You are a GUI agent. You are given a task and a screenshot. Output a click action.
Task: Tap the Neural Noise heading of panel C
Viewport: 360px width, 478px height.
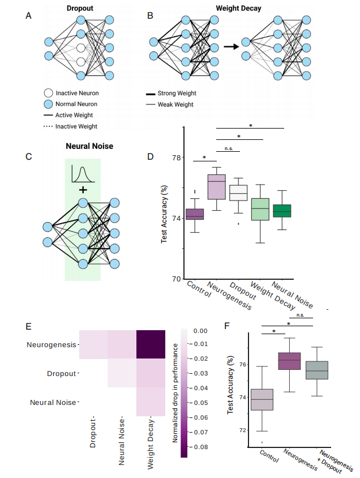(x=89, y=146)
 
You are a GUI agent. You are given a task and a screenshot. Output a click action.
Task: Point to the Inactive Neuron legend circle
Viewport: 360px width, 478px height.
(x=48, y=93)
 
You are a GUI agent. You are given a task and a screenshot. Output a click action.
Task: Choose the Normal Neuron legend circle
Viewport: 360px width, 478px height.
(x=48, y=104)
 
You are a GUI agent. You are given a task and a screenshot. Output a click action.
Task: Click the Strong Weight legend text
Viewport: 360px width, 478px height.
(x=177, y=93)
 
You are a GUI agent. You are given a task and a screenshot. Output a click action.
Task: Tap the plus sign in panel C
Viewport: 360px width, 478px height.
(x=83, y=189)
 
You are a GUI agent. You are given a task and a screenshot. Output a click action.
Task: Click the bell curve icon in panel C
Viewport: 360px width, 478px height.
(x=83, y=174)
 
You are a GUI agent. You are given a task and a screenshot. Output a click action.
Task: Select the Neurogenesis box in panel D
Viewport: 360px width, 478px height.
(x=216, y=187)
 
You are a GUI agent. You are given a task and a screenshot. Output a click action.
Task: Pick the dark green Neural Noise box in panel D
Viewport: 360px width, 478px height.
(x=281, y=211)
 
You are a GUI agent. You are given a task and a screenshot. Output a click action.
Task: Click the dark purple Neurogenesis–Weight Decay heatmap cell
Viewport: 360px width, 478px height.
(x=151, y=344)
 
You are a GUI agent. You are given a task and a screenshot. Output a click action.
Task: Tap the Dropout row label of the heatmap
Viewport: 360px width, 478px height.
(x=62, y=374)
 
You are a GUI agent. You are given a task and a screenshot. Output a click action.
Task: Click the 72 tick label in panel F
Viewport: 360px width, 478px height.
(x=242, y=430)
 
